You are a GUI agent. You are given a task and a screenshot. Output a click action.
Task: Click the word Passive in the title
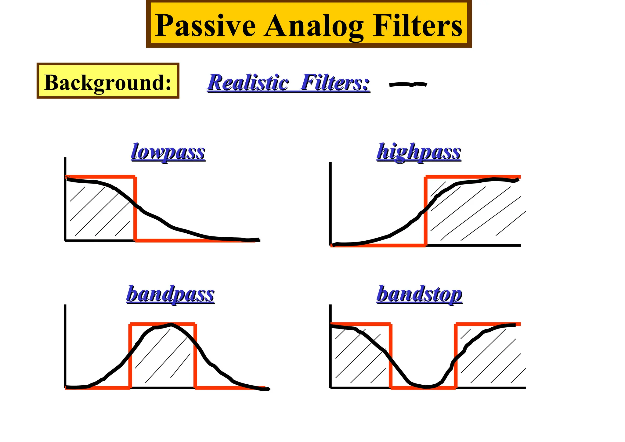[205, 26]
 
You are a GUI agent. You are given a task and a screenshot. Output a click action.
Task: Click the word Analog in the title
[314, 26]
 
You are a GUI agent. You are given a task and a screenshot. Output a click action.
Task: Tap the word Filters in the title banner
[417, 26]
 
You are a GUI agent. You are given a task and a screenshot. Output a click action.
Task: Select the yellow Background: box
[108, 81]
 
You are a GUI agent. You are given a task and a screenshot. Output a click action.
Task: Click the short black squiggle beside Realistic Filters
[408, 84]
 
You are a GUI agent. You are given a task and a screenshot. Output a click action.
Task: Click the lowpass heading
[168, 152]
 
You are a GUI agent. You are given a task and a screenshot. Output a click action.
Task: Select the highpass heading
[419, 152]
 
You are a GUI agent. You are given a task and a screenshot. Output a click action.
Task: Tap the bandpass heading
[170, 294]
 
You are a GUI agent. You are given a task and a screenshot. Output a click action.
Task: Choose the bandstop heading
[419, 294]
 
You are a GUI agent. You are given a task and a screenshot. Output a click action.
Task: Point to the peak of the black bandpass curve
[171, 325]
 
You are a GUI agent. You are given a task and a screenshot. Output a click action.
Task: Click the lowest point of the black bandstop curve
[425, 387]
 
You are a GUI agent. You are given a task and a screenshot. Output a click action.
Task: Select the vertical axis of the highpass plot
[331, 204]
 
